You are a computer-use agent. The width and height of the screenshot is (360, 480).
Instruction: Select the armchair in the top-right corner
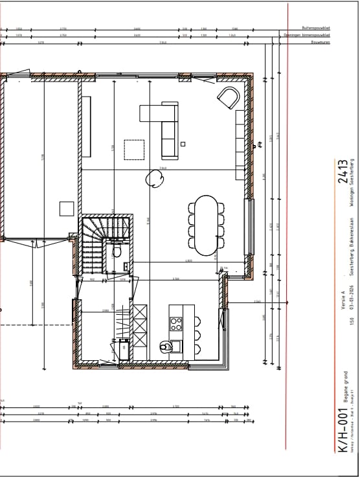228,98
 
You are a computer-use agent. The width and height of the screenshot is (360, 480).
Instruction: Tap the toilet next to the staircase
118,249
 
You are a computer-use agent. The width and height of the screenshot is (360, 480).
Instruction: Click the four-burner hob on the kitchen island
176,324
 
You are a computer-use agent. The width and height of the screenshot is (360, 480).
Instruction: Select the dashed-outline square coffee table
135,149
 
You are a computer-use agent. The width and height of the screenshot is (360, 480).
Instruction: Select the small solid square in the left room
67,208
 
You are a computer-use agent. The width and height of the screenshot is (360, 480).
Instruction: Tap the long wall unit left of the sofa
87,128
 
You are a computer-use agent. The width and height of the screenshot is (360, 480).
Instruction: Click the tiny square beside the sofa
183,144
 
